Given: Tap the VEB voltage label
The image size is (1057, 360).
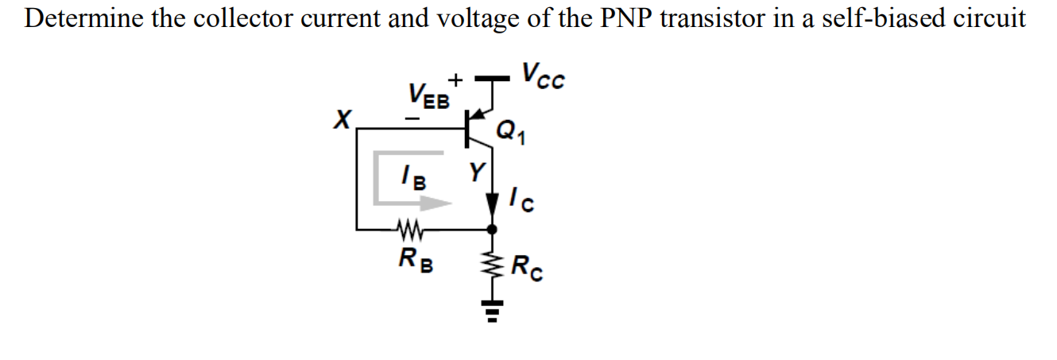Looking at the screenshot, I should [429, 98].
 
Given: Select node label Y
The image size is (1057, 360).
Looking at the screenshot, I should [475, 171].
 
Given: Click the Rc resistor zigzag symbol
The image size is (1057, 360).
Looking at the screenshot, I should [493, 266].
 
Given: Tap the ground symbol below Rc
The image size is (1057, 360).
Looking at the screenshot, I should [493, 312].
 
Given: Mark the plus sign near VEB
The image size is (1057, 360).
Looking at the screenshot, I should [455, 80].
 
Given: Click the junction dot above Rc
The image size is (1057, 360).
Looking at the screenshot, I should [493, 229].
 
